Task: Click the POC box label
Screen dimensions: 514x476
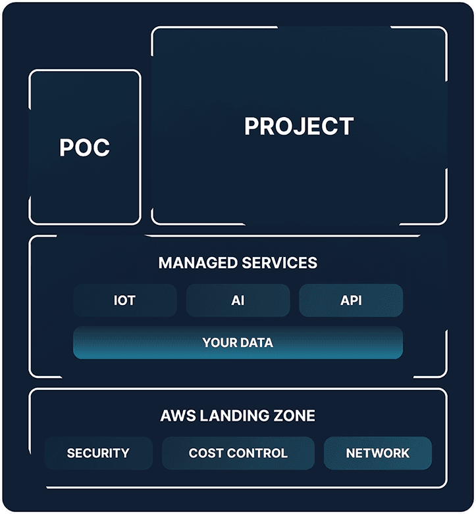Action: click(x=84, y=148)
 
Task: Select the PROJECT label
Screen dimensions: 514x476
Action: click(x=299, y=126)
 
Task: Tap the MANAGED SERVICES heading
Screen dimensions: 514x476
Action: click(x=238, y=263)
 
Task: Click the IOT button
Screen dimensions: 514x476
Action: click(x=124, y=300)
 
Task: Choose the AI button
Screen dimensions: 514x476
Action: click(x=238, y=300)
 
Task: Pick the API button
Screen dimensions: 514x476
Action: click(x=351, y=300)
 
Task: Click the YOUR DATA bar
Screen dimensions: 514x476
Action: click(x=238, y=342)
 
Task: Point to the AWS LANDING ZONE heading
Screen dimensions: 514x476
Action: click(x=238, y=415)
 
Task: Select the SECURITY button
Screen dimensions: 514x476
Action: click(x=98, y=453)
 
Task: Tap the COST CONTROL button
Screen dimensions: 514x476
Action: click(x=238, y=453)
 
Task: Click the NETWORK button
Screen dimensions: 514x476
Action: click(x=377, y=453)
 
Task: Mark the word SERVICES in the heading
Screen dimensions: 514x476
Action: click(x=280, y=263)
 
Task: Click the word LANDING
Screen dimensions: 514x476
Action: click(x=231, y=415)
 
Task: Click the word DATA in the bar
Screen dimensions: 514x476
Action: click(x=256, y=342)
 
